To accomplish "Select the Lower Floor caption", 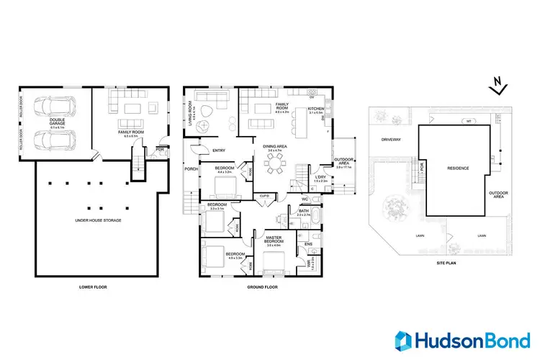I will (x=94, y=287).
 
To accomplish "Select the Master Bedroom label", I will (x=273, y=240).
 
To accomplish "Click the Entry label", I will (x=220, y=150).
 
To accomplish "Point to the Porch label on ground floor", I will (x=191, y=169).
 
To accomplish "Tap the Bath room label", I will (x=303, y=212).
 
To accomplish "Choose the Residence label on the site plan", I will (x=459, y=168).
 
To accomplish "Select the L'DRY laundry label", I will (x=321, y=179).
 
